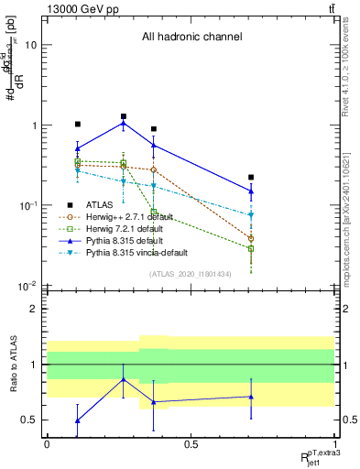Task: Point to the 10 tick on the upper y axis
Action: coord(30,45)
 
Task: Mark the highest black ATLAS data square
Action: coord(123,116)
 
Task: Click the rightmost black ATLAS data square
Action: coord(251,177)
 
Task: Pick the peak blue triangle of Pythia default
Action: coord(123,123)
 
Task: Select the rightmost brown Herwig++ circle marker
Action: coord(251,239)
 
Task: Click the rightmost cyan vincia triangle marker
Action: coord(251,215)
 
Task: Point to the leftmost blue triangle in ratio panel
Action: coord(78,420)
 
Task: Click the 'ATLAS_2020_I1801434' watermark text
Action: coord(191,274)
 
